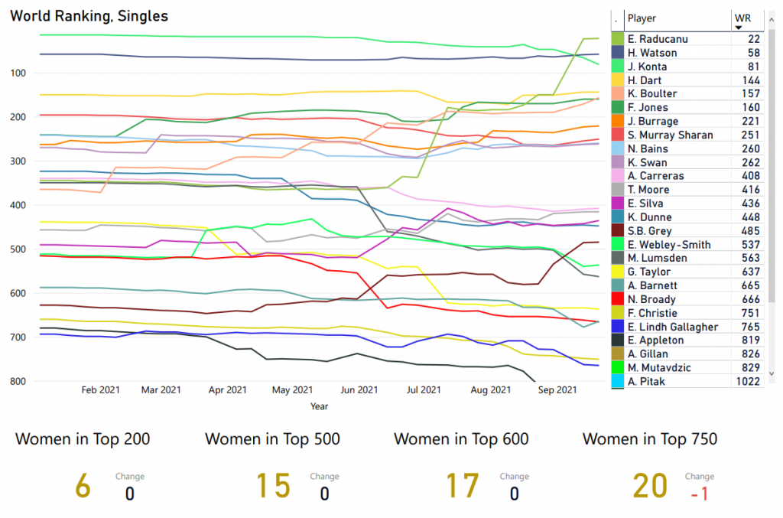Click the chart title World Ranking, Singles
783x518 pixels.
89,15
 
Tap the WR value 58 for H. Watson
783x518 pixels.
753,53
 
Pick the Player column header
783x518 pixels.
642,18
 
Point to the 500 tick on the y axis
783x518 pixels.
19,249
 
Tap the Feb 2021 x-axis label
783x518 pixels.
101,389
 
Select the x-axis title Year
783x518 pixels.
319,406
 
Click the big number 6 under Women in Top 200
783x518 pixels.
83,487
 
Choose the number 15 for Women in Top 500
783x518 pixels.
272,487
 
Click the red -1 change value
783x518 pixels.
699,494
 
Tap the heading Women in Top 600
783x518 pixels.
461,439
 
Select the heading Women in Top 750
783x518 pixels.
650,439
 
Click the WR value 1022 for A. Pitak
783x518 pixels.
747,381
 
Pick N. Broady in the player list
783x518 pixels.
651,299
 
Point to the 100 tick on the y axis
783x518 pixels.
19,73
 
